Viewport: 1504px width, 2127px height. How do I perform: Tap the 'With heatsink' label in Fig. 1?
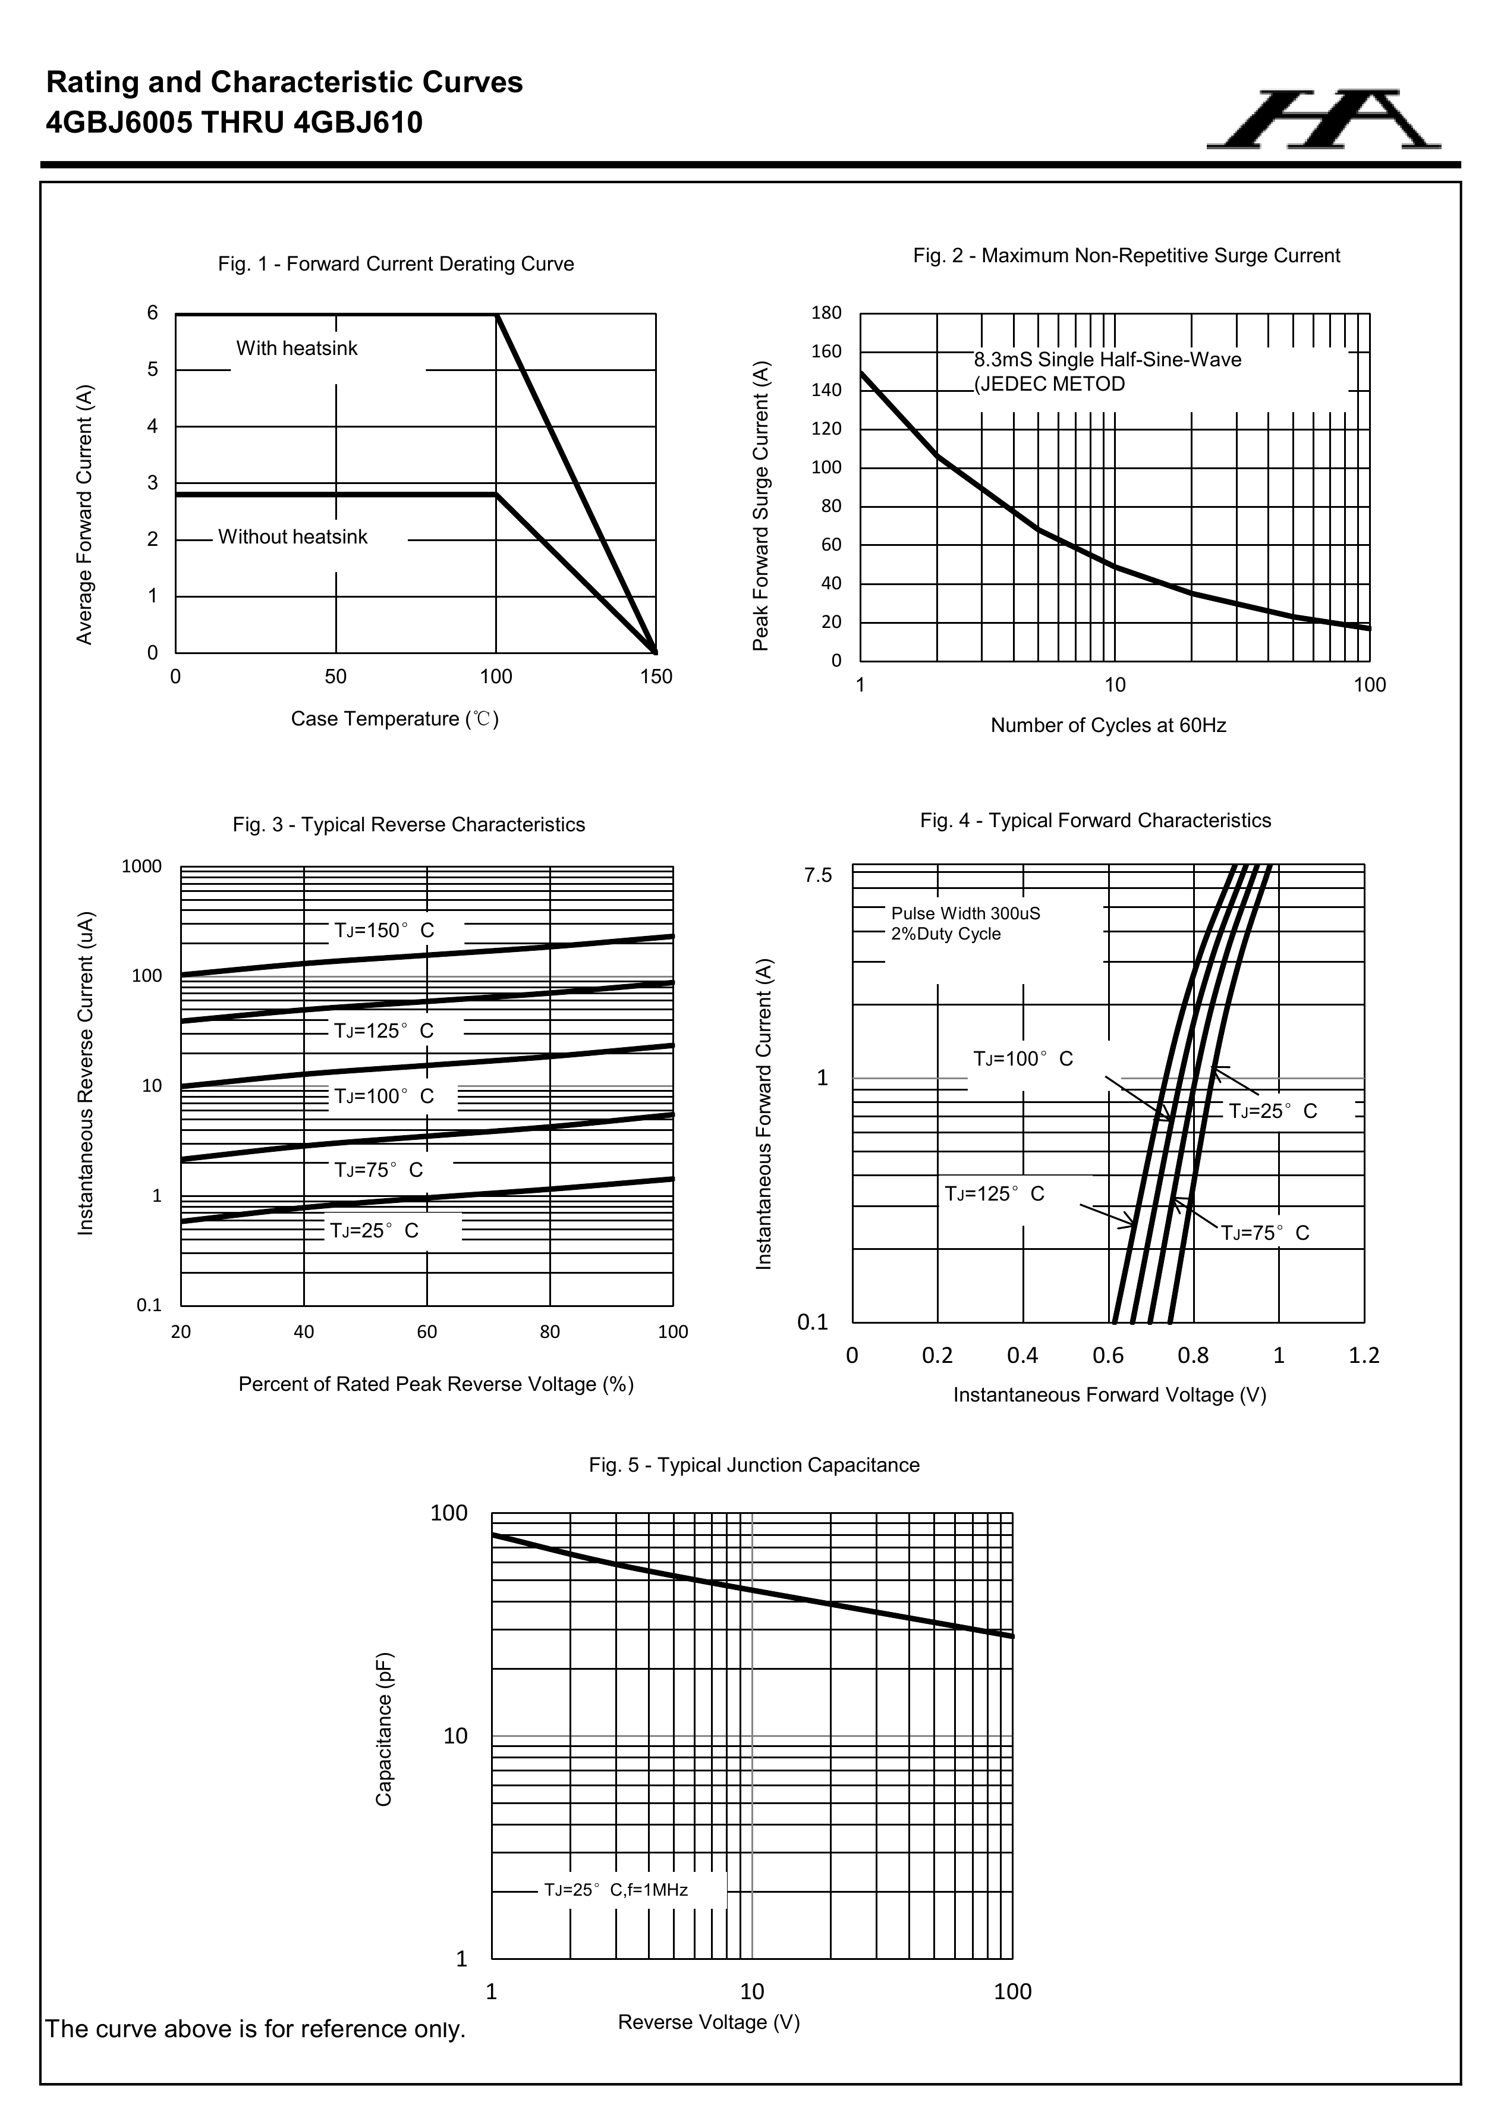click(297, 348)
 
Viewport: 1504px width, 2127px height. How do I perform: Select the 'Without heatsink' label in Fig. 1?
click(292, 538)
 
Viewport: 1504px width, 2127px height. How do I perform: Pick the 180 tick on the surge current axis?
click(826, 313)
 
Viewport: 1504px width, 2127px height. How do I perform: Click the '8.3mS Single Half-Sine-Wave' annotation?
click(1107, 359)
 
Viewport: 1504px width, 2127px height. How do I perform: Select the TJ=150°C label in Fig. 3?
click(383, 930)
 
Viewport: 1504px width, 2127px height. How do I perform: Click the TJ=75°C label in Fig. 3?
click(378, 1170)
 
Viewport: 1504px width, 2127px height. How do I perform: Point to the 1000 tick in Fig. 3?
click(141, 867)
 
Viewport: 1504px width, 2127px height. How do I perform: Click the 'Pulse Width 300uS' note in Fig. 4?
click(965, 913)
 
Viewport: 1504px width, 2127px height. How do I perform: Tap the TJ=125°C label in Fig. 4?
click(994, 1194)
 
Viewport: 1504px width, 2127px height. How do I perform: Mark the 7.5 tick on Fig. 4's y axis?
click(818, 875)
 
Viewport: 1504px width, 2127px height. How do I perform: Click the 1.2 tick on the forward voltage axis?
click(1363, 1356)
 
